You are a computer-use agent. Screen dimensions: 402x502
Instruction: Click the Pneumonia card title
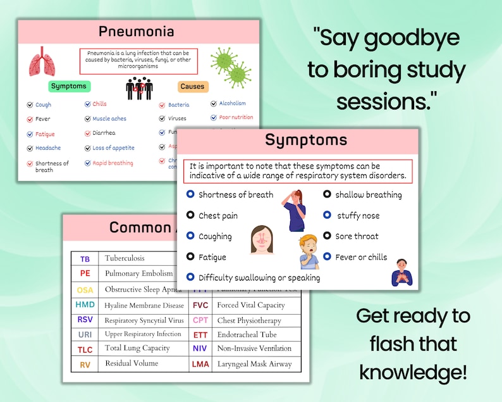pyautogui.click(x=136, y=31)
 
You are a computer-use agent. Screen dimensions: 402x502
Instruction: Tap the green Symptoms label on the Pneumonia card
pyautogui.click(x=69, y=86)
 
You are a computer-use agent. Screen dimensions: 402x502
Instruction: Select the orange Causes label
pyautogui.click(x=192, y=86)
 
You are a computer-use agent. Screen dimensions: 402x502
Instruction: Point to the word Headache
pyautogui.click(x=48, y=148)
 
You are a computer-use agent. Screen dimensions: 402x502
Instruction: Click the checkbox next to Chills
pyautogui.click(x=88, y=104)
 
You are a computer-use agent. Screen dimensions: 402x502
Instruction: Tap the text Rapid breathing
pyautogui.click(x=113, y=163)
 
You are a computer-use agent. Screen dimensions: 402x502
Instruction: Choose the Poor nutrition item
pyautogui.click(x=236, y=117)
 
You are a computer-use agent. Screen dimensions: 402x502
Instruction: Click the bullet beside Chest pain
pyautogui.click(x=190, y=215)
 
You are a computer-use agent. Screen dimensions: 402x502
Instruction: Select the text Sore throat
pyautogui.click(x=357, y=236)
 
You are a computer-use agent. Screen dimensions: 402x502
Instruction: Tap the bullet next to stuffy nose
pyautogui.click(x=327, y=215)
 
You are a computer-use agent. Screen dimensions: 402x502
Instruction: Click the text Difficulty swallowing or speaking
pyautogui.click(x=259, y=277)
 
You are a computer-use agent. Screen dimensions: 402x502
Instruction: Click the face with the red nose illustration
pyautogui.click(x=262, y=240)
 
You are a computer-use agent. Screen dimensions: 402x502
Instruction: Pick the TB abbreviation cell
pyautogui.click(x=85, y=258)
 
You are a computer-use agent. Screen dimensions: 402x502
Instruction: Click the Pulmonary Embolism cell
pyautogui.click(x=138, y=273)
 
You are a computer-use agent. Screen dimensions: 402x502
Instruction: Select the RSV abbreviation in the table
pyautogui.click(x=85, y=320)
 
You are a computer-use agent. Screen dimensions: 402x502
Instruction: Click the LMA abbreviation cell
pyautogui.click(x=200, y=364)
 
